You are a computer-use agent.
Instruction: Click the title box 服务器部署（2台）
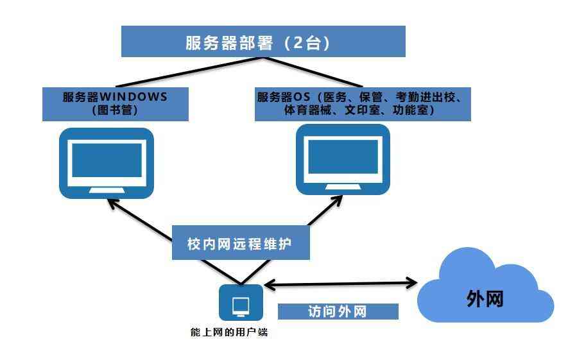[263, 42]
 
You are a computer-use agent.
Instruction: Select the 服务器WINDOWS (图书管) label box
[116, 104]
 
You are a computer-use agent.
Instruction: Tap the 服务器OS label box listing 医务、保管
[363, 104]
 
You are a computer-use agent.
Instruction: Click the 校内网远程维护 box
[239, 244]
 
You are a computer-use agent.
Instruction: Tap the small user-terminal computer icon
[241, 302]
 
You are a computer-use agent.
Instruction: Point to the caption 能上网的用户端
[228, 332]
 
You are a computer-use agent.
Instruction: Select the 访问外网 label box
[338, 312]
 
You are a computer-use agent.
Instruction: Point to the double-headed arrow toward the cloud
[340, 282]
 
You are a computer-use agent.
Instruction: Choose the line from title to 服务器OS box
[314, 71]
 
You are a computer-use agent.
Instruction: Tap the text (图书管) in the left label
[116, 110]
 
